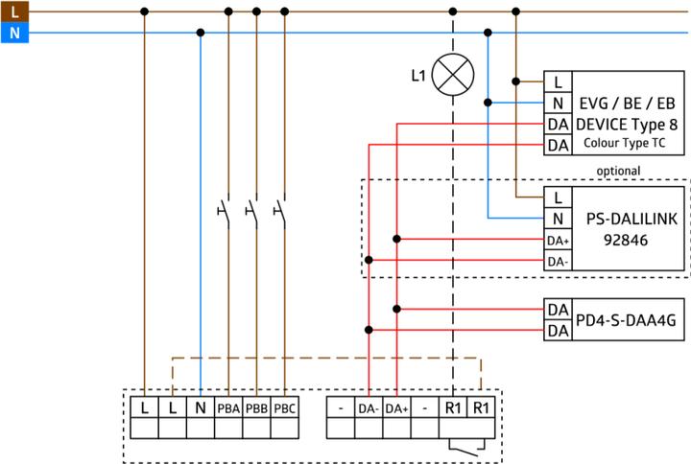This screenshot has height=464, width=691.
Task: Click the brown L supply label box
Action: (x=12, y=12)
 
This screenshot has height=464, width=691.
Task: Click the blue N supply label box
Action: (x=12, y=33)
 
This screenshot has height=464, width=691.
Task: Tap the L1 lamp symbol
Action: (x=452, y=74)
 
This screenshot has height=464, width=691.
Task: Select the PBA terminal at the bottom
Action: (x=227, y=408)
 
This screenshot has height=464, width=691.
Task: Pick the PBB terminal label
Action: (x=256, y=408)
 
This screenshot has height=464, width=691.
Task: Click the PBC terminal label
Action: (x=285, y=408)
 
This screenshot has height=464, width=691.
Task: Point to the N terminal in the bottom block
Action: (x=200, y=408)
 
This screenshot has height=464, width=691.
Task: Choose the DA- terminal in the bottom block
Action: (x=369, y=408)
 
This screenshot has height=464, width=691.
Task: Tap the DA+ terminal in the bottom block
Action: (x=396, y=408)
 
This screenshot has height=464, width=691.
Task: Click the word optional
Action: (x=618, y=171)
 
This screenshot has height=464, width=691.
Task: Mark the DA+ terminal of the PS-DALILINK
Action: (x=558, y=240)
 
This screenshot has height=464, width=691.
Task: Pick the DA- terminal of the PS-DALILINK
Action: (x=558, y=260)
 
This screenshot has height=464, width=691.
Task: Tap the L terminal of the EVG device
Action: (x=558, y=81)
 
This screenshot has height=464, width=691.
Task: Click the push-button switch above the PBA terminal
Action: (x=224, y=207)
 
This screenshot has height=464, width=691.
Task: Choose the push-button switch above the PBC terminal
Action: (x=281, y=207)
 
